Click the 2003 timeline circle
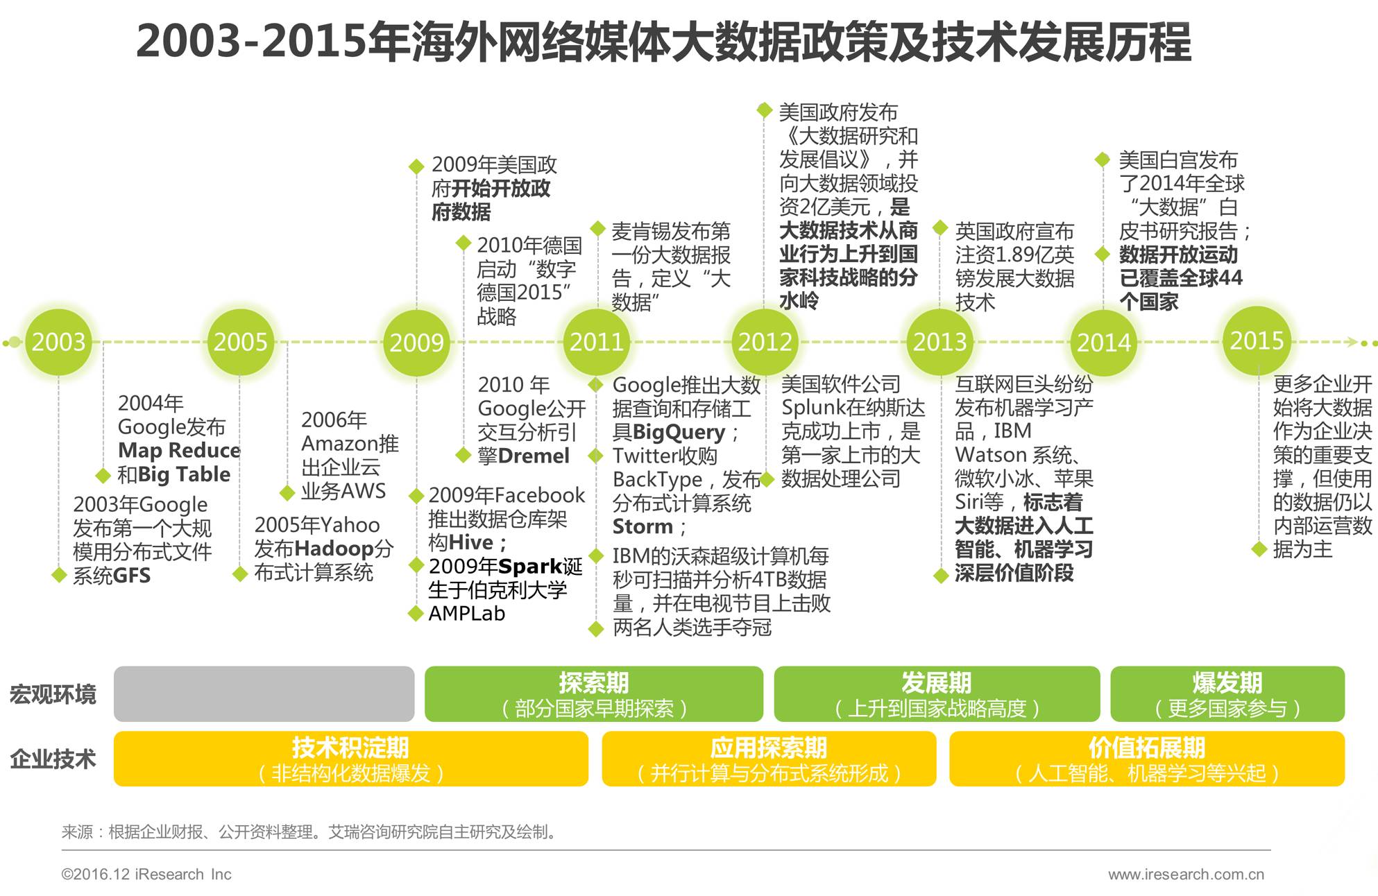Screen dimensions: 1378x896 click(59, 342)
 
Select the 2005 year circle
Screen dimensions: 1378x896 click(240, 342)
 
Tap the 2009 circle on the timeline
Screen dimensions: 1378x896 click(416, 343)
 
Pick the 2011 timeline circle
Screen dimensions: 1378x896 click(597, 342)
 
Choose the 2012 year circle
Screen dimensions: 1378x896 click(765, 342)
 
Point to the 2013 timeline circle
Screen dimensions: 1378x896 click(940, 342)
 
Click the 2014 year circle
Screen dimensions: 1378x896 click(1103, 343)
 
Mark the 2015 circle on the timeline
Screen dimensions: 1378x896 click(1257, 341)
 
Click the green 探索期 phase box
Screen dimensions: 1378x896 click(593, 694)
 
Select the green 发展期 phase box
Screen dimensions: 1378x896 click(936, 694)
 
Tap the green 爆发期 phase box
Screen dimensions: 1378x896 click(1227, 694)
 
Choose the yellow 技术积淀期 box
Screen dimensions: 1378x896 click(350, 759)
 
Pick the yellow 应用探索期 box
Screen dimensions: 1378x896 click(768, 759)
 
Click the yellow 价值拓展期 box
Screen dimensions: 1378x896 click(1146, 759)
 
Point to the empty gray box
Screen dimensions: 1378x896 click(264, 694)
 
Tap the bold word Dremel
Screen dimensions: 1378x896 click(534, 456)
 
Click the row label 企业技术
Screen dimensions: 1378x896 click(53, 759)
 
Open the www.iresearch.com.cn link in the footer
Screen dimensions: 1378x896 click(1186, 875)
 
